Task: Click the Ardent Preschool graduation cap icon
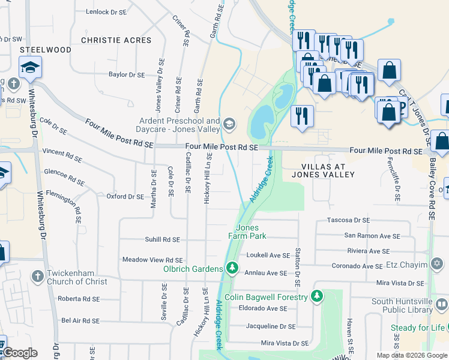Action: (x=229, y=124)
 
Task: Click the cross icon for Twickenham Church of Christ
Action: (x=37, y=277)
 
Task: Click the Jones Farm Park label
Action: (x=247, y=232)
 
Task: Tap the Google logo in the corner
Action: (x=19, y=353)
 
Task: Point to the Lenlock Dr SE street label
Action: (x=106, y=11)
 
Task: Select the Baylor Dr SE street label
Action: (x=127, y=75)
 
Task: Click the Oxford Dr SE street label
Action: (x=125, y=196)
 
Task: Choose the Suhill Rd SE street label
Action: (x=154, y=239)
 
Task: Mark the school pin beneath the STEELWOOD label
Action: (x=29, y=68)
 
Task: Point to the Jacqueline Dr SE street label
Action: (x=271, y=326)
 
